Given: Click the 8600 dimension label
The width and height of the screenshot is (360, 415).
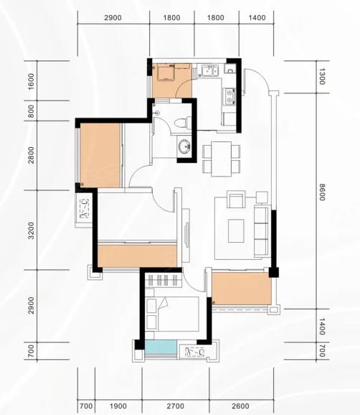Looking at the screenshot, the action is [x=321, y=192].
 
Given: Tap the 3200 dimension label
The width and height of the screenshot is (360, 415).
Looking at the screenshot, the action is [x=31, y=230].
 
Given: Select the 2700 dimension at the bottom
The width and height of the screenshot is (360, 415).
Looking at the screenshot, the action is [x=176, y=406].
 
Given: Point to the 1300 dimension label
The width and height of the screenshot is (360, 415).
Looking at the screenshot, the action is [x=321, y=77].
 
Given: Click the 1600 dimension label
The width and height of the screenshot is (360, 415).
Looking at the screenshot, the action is [x=31, y=82].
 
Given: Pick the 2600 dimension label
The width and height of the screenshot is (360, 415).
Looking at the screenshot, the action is [x=240, y=406].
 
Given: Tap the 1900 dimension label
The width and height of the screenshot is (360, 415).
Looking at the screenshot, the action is [x=118, y=406].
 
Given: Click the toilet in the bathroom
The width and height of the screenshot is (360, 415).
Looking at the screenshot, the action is [x=183, y=123].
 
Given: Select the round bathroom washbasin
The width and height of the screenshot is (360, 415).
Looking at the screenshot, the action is [x=184, y=146].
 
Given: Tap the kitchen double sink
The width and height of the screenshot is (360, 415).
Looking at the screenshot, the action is [x=209, y=70].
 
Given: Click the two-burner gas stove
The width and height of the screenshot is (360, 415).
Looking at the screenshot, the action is [x=229, y=96].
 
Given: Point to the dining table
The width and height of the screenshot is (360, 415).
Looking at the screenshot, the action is [x=222, y=159].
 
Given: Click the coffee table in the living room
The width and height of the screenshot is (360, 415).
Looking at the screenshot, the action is [x=236, y=230].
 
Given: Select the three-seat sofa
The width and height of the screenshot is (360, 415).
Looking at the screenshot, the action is [x=262, y=230].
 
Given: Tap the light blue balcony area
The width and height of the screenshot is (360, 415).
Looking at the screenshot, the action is [x=161, y=347].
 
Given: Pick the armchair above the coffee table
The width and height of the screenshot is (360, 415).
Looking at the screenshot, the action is [x=236, y=200].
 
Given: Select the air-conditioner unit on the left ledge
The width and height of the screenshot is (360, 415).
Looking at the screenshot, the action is [x=84, y=208].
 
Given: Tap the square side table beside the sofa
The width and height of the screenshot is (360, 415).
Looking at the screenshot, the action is [x=262, y=197].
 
